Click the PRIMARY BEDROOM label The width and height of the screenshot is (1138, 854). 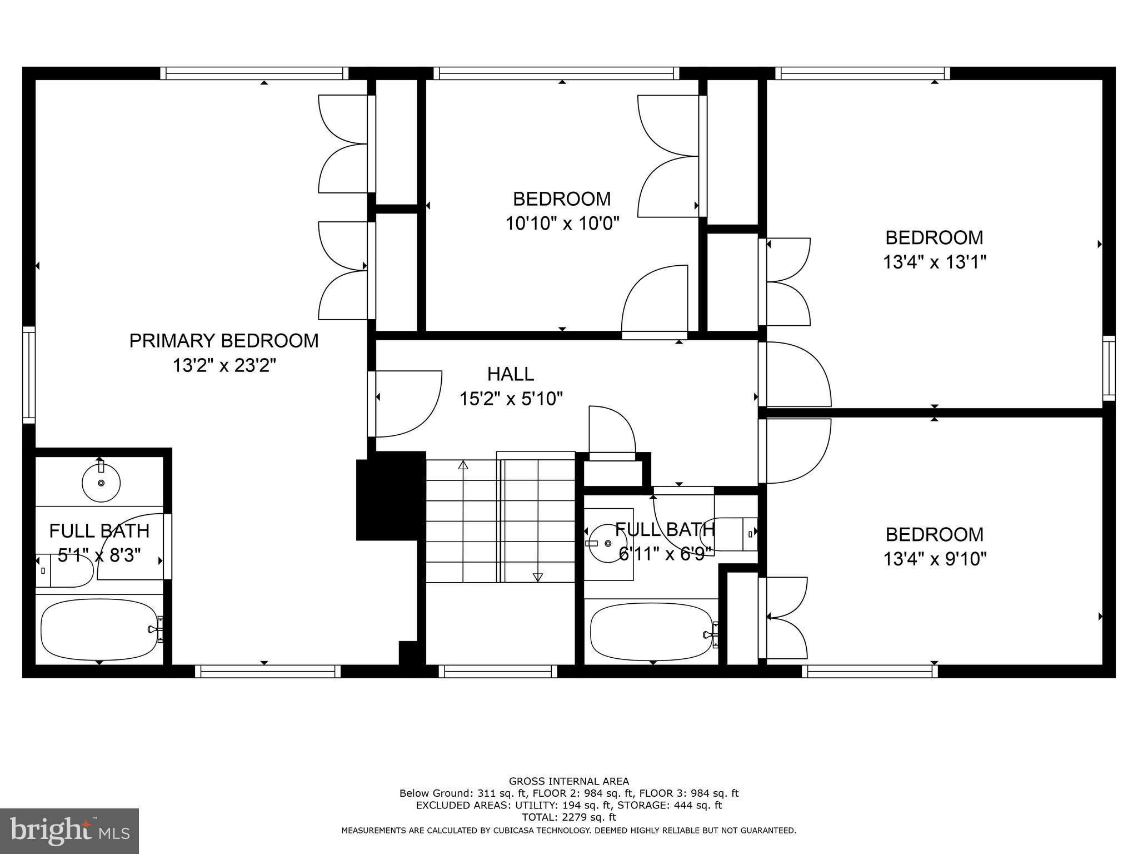[224, 340]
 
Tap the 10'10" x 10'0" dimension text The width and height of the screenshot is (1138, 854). [562, 224]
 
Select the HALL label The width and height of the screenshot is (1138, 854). [511, 374]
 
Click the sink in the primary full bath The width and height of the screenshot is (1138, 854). [101, 482]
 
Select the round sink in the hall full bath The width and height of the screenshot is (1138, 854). [607, 543]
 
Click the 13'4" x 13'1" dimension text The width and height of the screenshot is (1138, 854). [934, 262]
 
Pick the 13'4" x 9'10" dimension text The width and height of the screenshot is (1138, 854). [935, 559]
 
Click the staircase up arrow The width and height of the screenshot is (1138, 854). [463, 465]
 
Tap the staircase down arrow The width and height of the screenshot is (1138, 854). [537, 577]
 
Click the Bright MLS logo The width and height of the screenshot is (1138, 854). [69, 831]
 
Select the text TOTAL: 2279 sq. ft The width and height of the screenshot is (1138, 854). [568, 817]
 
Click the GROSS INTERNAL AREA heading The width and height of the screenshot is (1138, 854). [568, 781]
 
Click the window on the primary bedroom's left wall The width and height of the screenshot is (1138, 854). [29, 375]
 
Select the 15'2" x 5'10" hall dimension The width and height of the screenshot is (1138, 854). [511, 399]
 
